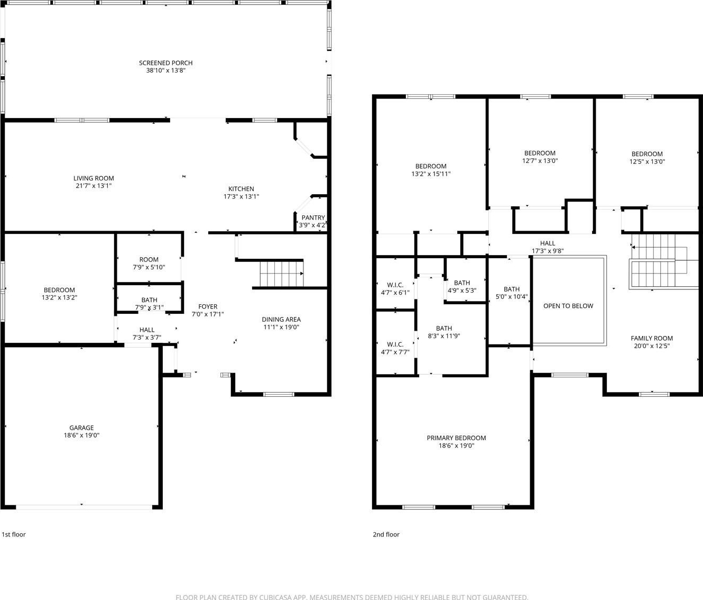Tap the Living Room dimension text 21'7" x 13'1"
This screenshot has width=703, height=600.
94,186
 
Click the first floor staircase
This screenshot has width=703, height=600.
282,274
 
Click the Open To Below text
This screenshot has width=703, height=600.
568,306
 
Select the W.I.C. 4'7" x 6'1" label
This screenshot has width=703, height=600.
395,289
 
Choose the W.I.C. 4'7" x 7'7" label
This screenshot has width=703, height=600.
395,348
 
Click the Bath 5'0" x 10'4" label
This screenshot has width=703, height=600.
512,293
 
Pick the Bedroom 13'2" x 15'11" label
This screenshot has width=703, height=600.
431,170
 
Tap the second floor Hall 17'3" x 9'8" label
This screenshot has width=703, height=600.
548,247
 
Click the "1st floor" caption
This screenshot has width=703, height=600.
14,534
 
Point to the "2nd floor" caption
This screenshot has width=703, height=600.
386,534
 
